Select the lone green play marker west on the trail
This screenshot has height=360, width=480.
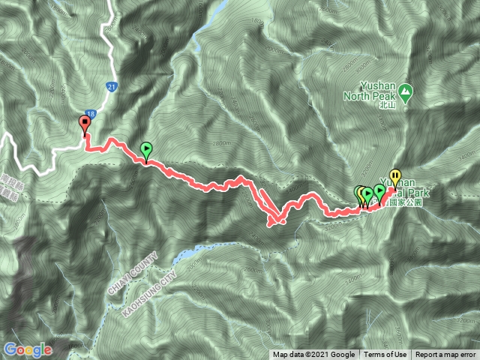click(x=145, y=150)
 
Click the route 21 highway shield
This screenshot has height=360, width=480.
click(x=110, y=86)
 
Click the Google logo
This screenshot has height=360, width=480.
click(x=27, y=349)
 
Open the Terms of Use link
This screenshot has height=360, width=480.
click(x=385, y=355)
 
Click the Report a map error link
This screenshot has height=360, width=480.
click(x=445, y=355)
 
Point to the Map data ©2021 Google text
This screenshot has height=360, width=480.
click(x=313, y=355)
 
